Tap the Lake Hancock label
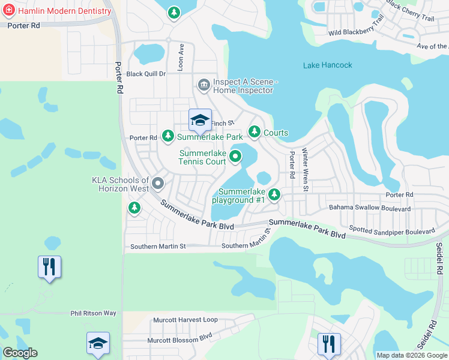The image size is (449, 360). pos(328,65)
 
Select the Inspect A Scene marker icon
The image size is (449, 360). pos(203,85)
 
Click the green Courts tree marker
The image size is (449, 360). pos(255,131)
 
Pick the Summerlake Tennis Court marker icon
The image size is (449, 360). pos(235,157)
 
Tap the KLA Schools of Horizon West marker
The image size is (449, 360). pos(158,183)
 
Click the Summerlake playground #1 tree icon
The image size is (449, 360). pos(274,194)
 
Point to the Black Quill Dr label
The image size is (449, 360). pos(145,74)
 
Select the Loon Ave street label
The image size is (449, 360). pos(181,56)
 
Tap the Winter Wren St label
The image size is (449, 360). pos(306,170)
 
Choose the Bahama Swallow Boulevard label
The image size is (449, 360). pos(370,209)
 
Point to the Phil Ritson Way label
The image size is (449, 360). pos(93,313)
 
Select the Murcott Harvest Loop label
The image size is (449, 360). pos(185,320)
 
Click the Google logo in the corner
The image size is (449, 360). pos(20,353)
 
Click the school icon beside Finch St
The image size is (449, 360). pos(200,120)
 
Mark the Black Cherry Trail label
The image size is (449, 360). pos(410,11)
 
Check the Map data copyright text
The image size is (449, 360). pos(412,355)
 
